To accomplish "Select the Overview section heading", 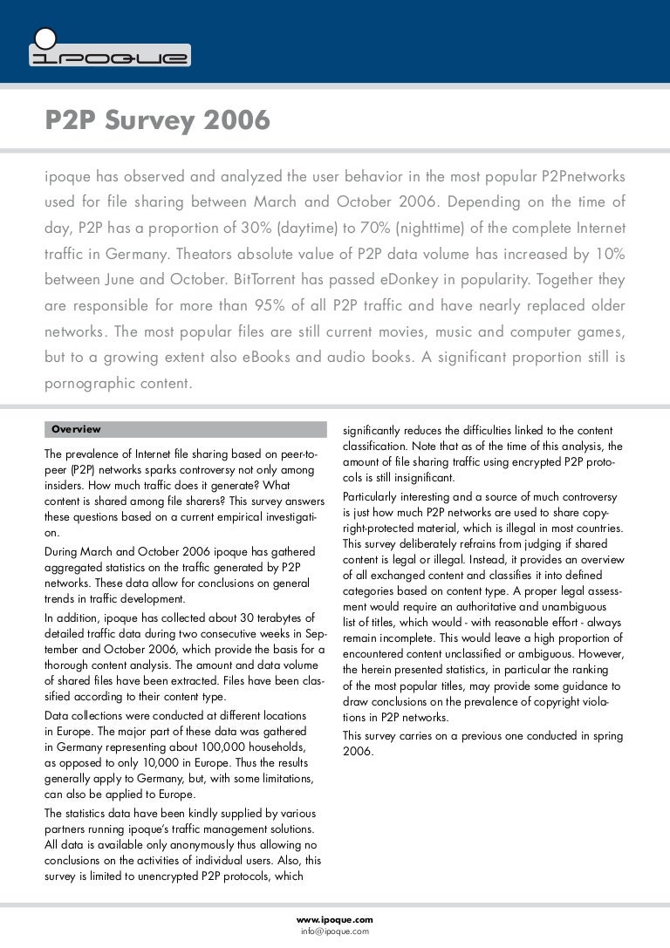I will pyautogui.click(x=76, y=429).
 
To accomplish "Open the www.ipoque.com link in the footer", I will pyautogui.click(x=335, y=918).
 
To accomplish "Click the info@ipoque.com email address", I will pyautogui.click(x=335, y=931).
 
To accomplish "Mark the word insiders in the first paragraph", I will pyautogui.click(x=64, y=486).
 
